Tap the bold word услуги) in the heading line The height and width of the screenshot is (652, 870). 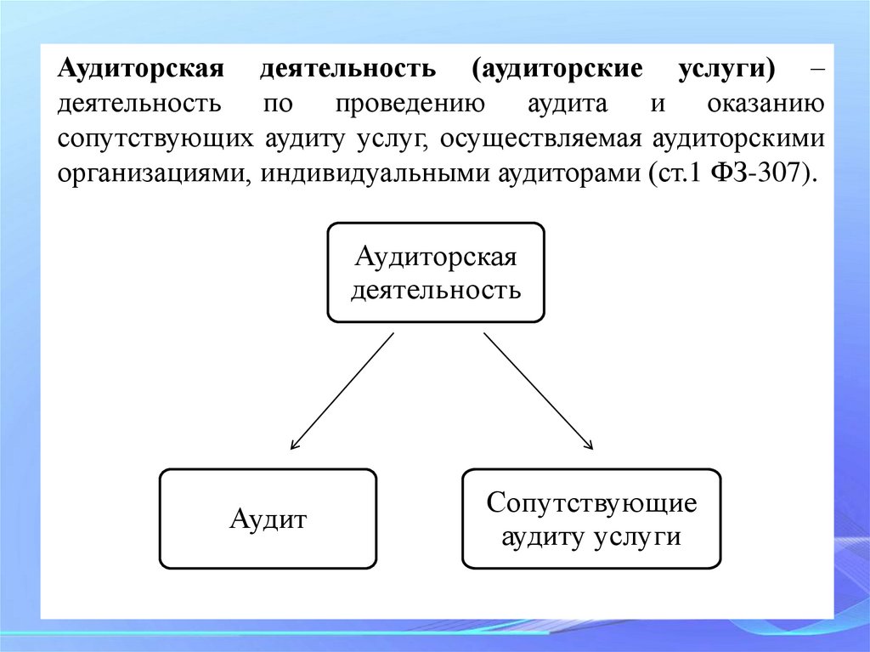727,70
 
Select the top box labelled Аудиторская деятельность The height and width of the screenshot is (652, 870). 436,273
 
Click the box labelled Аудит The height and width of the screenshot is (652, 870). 268,519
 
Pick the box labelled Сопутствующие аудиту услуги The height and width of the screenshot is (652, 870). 591,519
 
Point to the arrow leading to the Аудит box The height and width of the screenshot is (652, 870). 342,390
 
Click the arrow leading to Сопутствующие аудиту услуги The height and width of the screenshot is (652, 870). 538,390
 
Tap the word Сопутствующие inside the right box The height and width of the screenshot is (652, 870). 591,502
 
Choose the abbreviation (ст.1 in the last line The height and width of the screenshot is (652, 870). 671,173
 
